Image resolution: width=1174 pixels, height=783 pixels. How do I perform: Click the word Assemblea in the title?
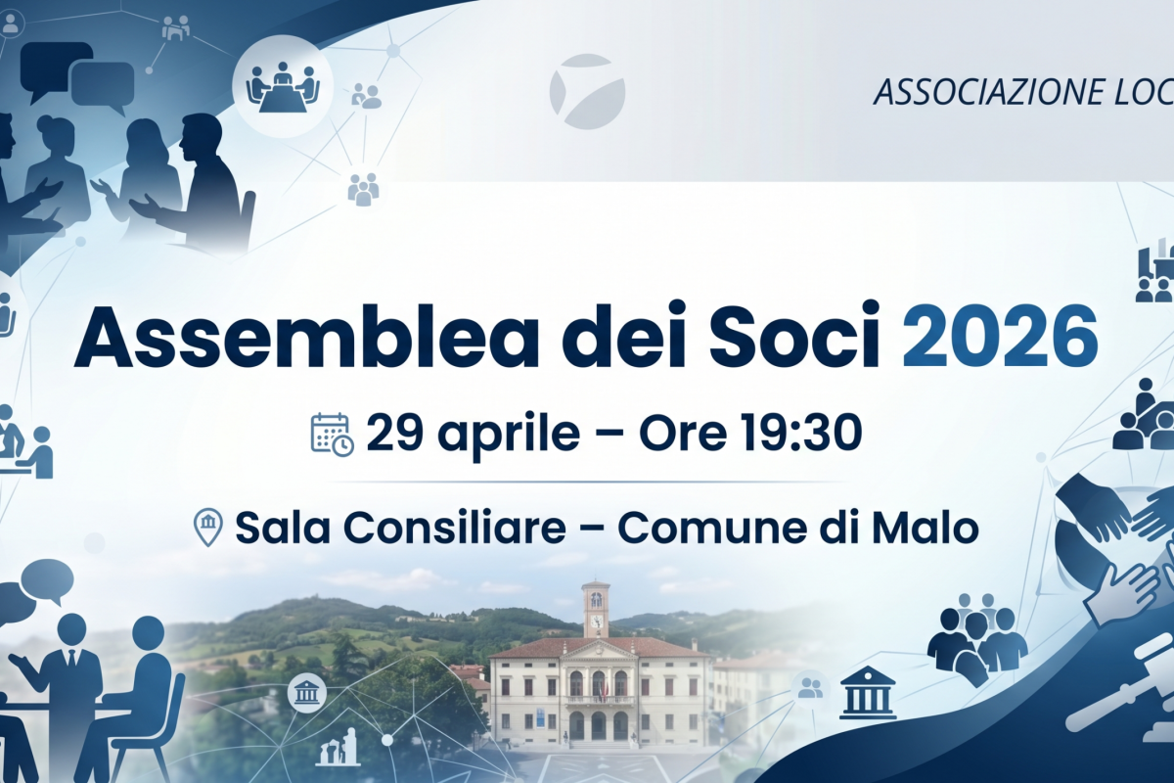coord(307,336)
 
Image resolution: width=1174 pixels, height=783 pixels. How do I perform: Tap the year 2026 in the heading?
coord(1000,337)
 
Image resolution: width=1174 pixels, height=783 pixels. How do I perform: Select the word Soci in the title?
coord(793,336)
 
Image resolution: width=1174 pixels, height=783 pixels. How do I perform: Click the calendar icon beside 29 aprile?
coord(333,434)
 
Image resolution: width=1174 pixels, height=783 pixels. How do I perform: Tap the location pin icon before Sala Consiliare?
coord(208,527)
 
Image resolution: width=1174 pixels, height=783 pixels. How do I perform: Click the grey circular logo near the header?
coord(587,91)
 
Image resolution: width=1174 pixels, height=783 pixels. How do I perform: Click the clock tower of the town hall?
coord(596,609)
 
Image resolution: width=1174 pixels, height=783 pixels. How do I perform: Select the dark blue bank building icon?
coord(868,692)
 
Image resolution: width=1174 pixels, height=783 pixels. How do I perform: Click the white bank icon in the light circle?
coord(306,693)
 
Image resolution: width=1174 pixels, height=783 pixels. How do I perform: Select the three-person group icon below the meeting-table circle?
coord(363,189)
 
